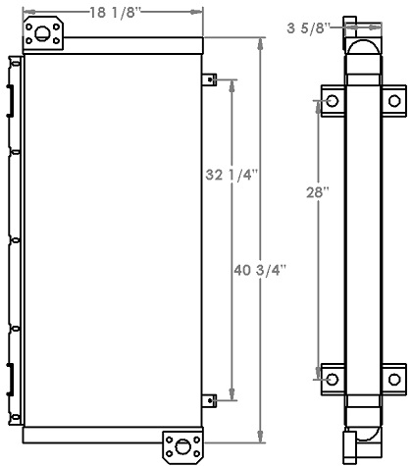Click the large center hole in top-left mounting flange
[42, 36]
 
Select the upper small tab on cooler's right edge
[209, 79]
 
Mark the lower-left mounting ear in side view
[331, 378]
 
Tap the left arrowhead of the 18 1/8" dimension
[28, 13]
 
